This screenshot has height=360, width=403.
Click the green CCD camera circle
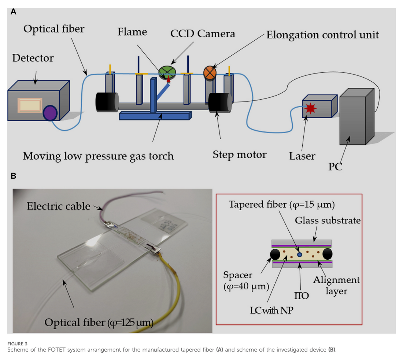point(167,72)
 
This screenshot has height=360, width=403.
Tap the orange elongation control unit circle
point(210,72)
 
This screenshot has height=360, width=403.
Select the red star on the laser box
point(310,108)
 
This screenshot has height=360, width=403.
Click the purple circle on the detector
point(50,113)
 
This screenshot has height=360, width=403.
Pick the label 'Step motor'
point(239,155)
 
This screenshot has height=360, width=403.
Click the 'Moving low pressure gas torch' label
point(98,156)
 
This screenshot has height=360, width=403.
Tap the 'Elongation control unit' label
point(322,35)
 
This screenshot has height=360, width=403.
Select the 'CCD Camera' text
point(203,34)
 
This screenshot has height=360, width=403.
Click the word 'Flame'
point(132,32)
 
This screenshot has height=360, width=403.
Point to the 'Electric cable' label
point(58,206)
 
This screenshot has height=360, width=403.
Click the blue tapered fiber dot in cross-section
point(300,254)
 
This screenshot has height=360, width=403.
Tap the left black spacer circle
point(276,254)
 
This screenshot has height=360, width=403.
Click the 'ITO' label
point(302,295)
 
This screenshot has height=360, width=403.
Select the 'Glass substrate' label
point(328,221)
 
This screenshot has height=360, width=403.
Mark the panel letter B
point(14,176)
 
